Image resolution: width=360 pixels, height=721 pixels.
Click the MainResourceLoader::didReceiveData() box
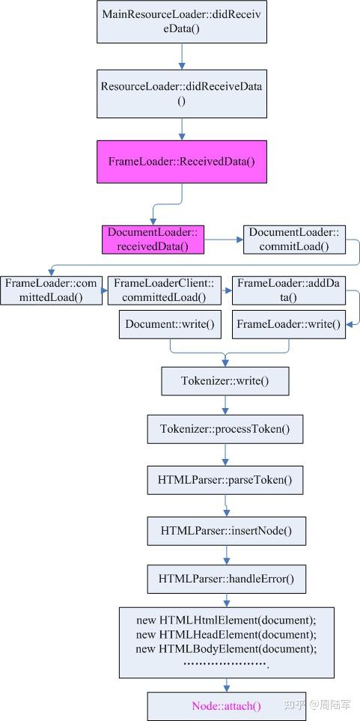[x=182, y=22]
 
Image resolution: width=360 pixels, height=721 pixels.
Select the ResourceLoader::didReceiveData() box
[x=182, y=93]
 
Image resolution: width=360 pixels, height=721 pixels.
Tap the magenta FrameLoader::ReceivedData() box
[x=182, y=162]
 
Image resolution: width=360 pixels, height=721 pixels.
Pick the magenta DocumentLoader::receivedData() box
[x=153, y=240]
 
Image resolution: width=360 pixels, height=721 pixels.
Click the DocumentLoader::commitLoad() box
[x=293, y=240]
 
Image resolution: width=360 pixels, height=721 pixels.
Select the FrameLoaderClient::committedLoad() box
[x=164, y=290]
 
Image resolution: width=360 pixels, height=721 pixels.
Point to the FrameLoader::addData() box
[x=288, y=290]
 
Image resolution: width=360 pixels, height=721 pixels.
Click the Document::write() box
[x=170, y=324]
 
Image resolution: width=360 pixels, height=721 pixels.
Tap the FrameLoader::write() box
[x=288, y=324]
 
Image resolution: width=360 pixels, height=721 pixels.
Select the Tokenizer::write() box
[x=225, y=381]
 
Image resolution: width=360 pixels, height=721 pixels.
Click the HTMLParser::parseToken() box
[x=225, y=479]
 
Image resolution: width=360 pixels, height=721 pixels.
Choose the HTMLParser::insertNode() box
[x=225, y=531]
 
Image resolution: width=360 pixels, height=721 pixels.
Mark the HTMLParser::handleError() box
[x=225, y=579]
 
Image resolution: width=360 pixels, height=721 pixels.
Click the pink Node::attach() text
[x=226, y=706]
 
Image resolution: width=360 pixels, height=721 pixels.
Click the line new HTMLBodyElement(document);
[x=226, y=648]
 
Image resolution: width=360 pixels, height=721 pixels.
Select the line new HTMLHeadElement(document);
[x=226, y=634]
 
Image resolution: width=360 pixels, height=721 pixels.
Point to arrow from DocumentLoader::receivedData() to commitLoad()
[x=224, y=240]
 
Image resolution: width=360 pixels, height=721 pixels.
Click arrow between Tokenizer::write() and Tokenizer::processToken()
[x=225, y=405]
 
